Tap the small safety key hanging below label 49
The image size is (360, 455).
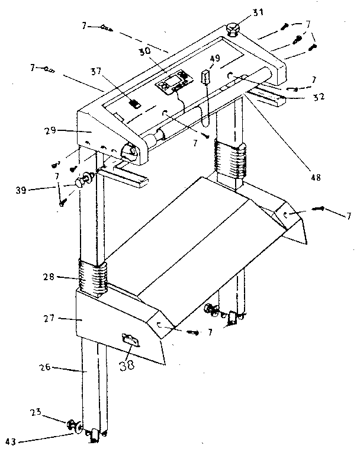[205, 78]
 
